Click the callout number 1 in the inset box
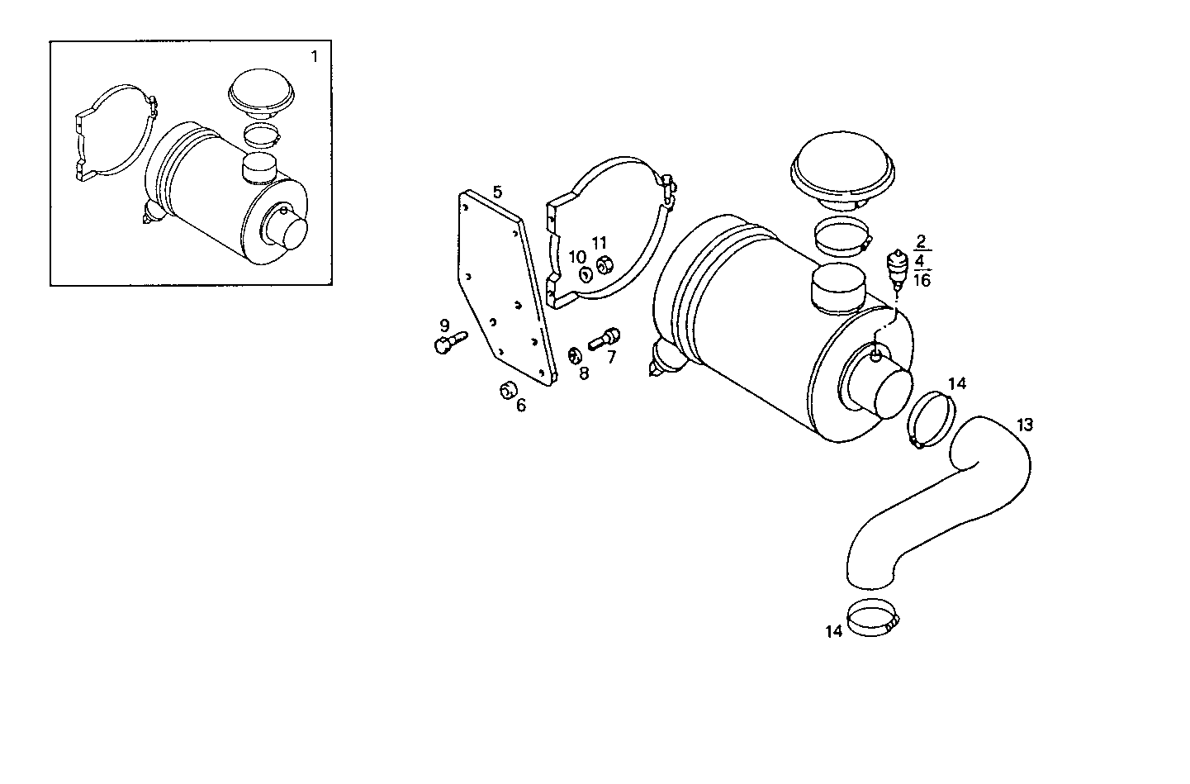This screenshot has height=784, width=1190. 314,56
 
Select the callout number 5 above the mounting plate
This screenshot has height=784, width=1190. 497,192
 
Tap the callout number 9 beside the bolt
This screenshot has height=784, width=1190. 444,325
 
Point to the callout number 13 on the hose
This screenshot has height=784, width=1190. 1024,425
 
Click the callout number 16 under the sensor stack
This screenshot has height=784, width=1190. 922,280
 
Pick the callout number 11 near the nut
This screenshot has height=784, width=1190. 600,242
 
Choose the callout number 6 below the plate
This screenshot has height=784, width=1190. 520,405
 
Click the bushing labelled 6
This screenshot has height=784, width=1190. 506,390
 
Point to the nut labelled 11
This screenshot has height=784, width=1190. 604,264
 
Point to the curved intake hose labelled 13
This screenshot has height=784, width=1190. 941,512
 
